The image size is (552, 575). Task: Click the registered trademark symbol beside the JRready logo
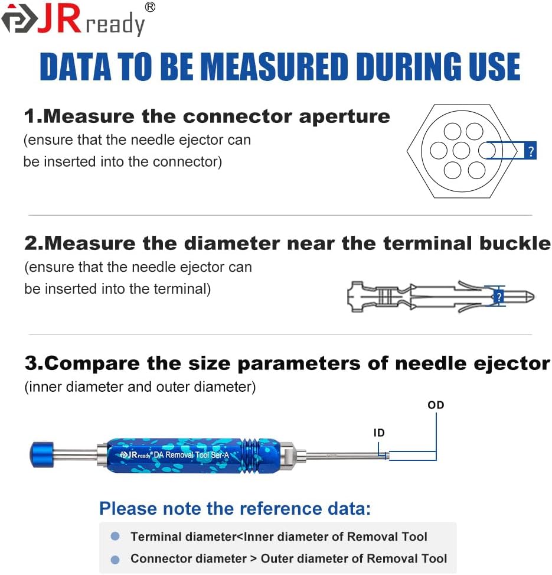pyautogui.click(x=150, y=7)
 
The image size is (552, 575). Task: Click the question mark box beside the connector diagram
pyautogui.click(x=530, y=151)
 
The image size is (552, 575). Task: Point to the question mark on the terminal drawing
pyautogui.click(x=499, y=296)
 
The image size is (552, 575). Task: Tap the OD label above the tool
pyautogui.click(x=436, y=405)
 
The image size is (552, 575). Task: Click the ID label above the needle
pyautogui.click(x=379, y=433)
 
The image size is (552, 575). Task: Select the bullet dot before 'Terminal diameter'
pyautogui.click(x=116, y=536)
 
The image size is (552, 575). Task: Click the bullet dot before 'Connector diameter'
pyautogui.click(x=116, y=559)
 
